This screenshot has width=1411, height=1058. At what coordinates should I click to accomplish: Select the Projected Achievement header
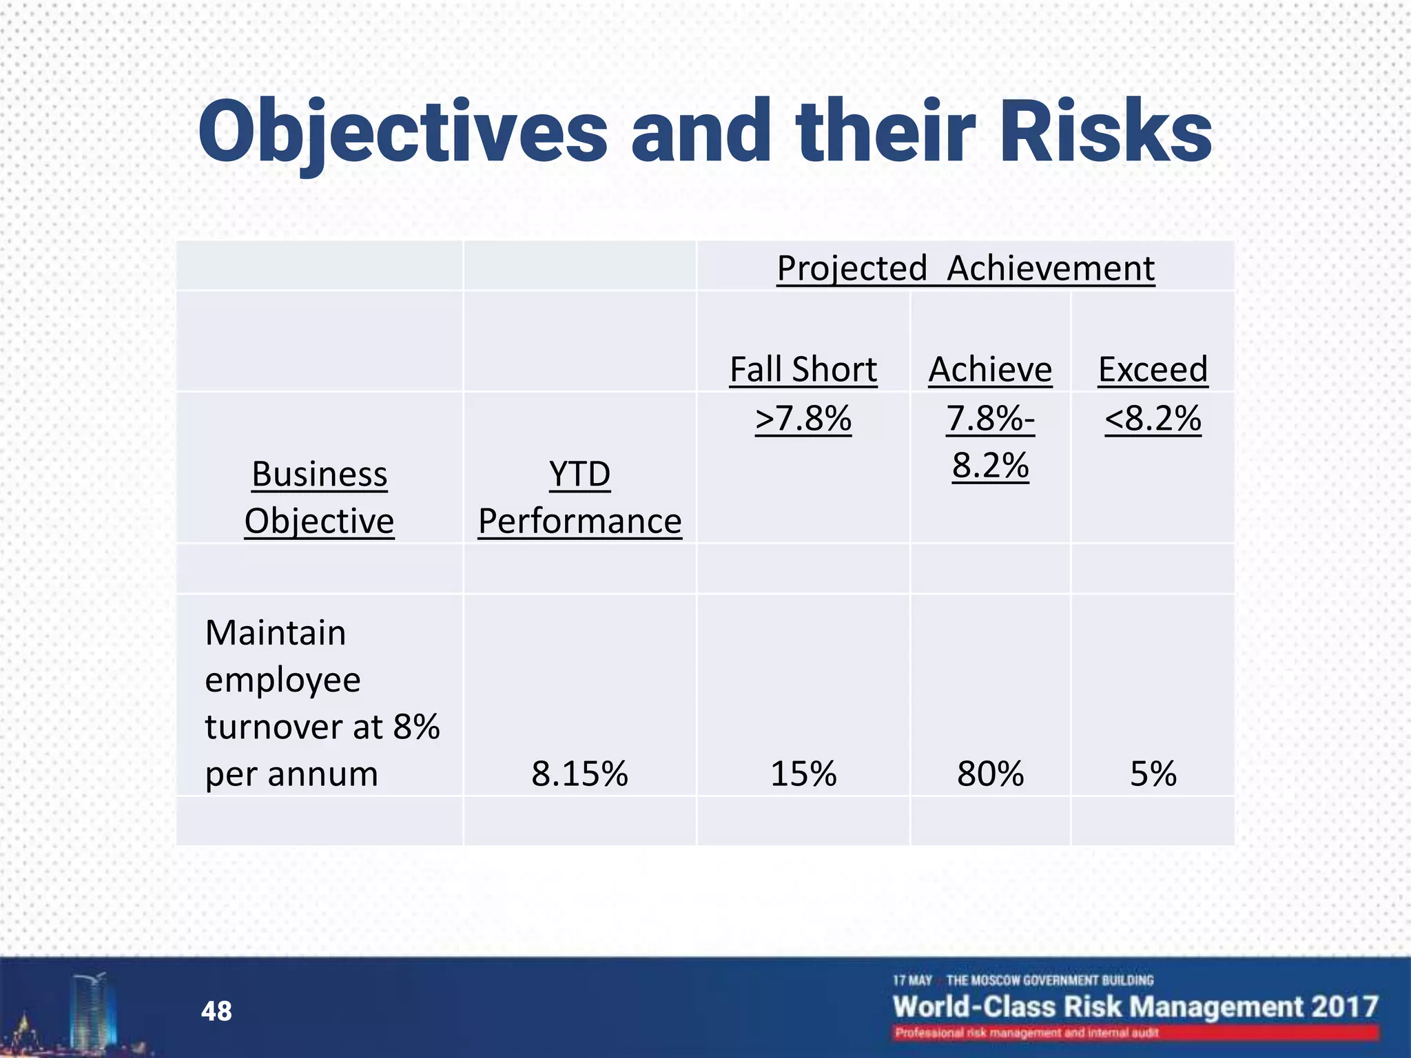click(x=965, y=268)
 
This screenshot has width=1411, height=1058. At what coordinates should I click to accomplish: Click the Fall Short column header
click(x=803, y=369)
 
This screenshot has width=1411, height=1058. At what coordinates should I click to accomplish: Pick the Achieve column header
click(x=990, y=369)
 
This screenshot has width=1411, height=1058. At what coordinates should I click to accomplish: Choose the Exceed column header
click(x=1153, y=369)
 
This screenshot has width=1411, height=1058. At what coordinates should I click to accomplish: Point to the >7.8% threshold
click(x=803, y=418)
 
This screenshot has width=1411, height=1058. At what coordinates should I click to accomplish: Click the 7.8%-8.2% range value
click(x=990, y=442)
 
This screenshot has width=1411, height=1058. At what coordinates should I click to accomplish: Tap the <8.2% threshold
click(x=1153, y=418)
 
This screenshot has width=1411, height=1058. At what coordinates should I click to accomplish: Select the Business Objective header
click(x=320, y=497)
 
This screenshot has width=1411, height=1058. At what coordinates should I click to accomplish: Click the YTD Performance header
click(x=579, y=497)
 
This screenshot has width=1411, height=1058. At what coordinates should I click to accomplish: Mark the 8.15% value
click(x=579, y=774)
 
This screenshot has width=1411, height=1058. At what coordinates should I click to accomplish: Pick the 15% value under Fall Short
click(x=803, y=774)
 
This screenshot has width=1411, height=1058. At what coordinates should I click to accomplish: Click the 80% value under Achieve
click(x=990, y=774)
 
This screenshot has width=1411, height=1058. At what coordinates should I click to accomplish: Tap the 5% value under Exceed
click(x=1153, y=774)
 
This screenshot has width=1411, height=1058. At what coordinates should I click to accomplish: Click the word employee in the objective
click(x=282, y=681)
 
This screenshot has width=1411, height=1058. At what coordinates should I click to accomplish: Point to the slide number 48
click(x=216, y=1011)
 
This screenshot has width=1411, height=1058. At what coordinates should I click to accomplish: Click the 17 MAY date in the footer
click(x=912, y=980)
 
